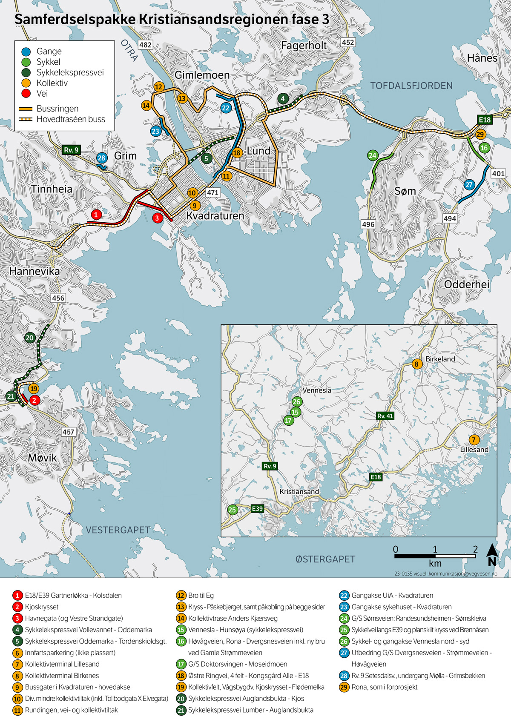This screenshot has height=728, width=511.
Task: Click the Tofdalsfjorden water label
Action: coord(411,86)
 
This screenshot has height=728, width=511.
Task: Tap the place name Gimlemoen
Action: coord(202,75)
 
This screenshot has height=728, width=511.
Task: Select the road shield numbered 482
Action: coord(145,45)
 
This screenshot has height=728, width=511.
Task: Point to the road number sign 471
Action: coord(212,192)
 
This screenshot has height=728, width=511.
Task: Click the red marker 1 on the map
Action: coord(96,215)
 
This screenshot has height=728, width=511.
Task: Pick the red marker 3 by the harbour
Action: coord(157,218)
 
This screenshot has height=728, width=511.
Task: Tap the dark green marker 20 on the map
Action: coord(29,338)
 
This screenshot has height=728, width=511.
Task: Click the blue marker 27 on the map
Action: coord(469,185)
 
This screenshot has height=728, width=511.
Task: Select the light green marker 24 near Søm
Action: coord(373,155)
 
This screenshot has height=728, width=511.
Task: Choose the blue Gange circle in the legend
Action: coord(26,52)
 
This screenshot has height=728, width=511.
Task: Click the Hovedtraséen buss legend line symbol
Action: coord(26,119)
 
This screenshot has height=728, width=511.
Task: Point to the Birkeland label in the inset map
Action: coord(440,359)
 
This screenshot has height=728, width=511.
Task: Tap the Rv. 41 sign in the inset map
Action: coord(385,416)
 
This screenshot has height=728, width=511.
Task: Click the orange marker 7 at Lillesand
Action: coord(474,440)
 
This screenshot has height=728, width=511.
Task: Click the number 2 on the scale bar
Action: coord(475,549)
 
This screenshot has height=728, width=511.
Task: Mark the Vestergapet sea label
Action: coord(118,530)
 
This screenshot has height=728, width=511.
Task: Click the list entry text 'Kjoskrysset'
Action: coord(42,607)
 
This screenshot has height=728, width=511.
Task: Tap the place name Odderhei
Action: coord(467,284)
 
